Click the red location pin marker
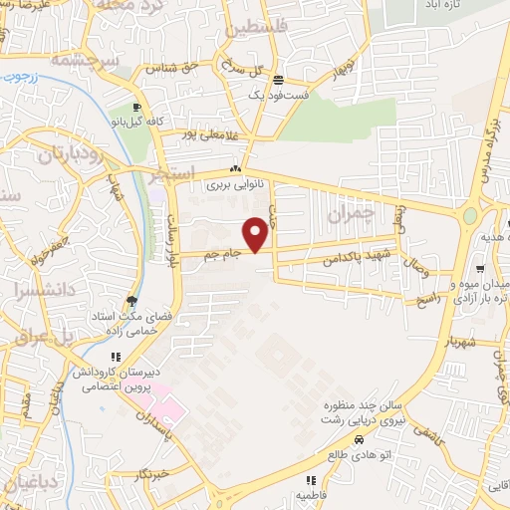point(256,235)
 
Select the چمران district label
point(354,212)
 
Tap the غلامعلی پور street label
point(212,132)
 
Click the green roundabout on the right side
point(470,216)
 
